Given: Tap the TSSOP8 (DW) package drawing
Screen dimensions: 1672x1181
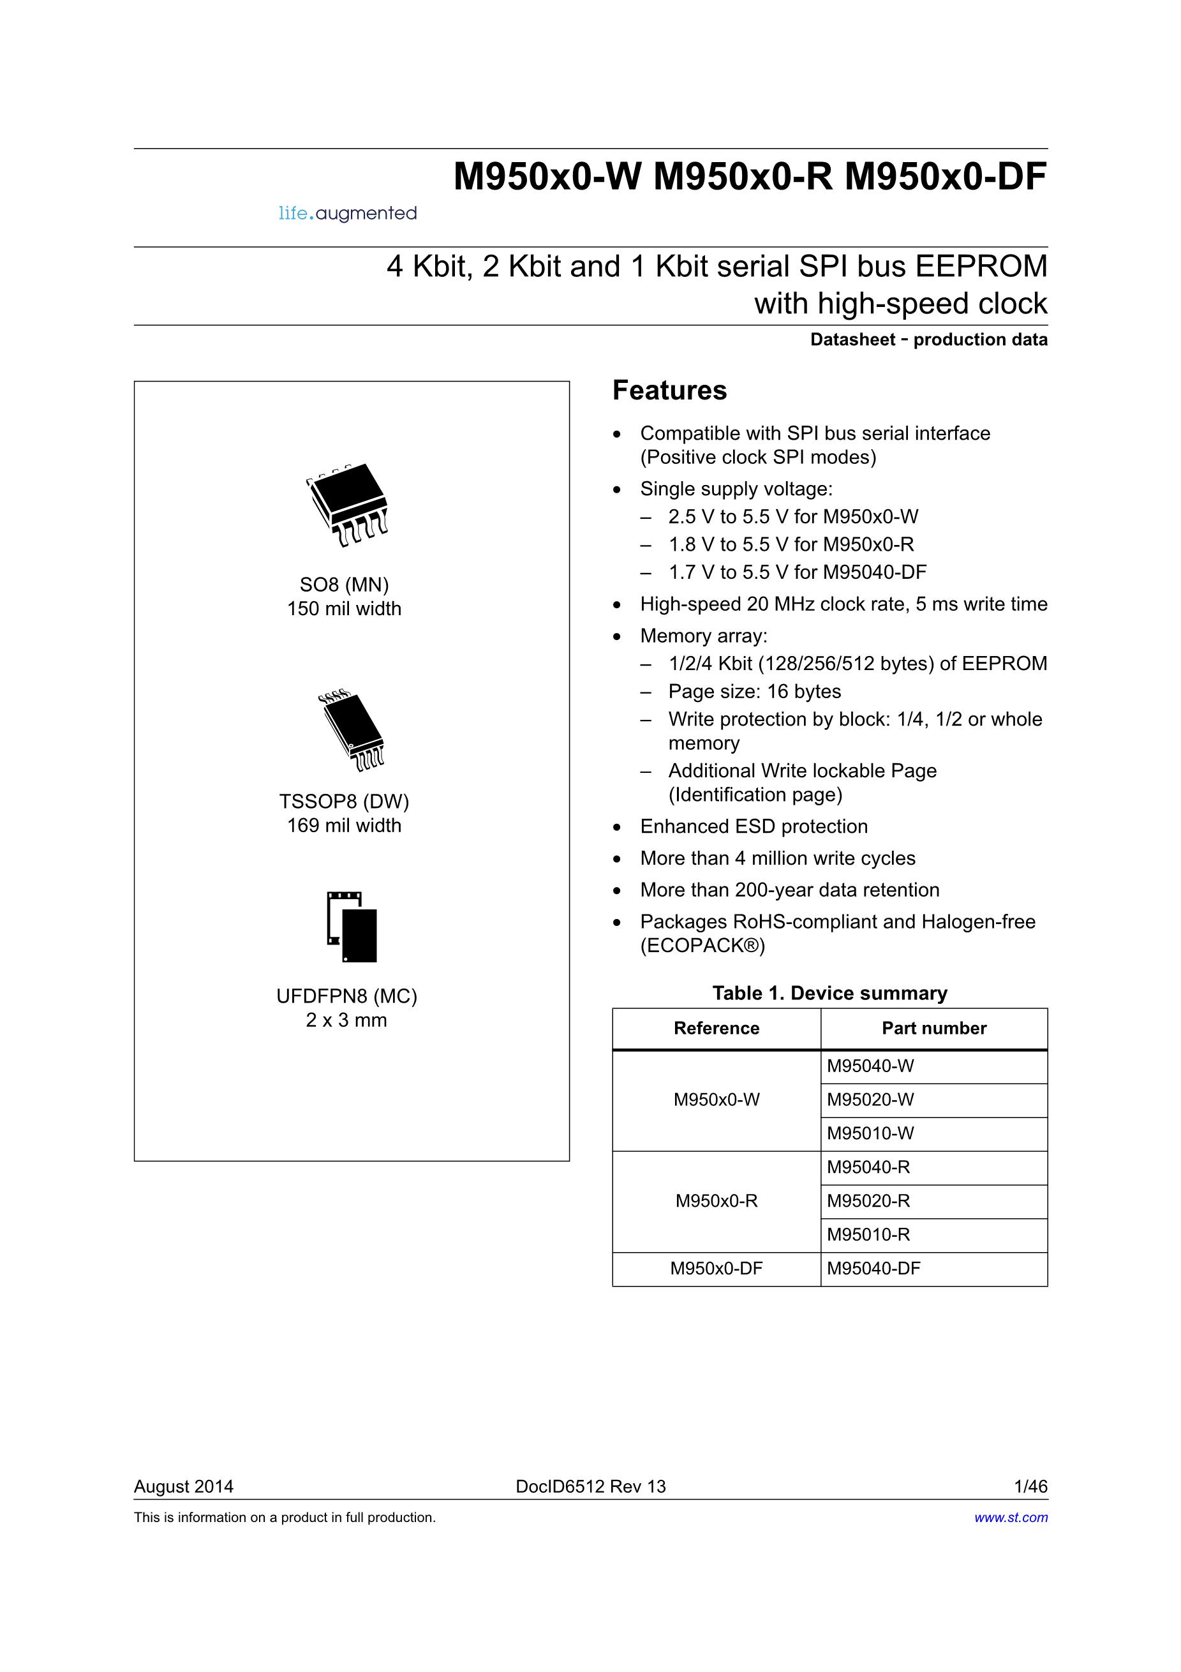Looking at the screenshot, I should coord(352,731).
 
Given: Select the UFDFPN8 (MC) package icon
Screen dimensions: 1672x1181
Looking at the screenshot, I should coord(353,927).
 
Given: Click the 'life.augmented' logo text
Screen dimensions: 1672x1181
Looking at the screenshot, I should coord(348,213).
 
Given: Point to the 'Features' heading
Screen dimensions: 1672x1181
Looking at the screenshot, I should coord(669,391).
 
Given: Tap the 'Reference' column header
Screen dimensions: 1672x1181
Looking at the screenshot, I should coord(717,1028).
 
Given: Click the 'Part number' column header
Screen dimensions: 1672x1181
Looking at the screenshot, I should coord(933,1028).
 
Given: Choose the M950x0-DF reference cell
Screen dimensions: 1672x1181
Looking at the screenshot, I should coord(717,1269).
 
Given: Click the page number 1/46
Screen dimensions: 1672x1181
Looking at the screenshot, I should coord(1030,1486).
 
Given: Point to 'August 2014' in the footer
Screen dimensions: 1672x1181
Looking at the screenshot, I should coord(184,1486).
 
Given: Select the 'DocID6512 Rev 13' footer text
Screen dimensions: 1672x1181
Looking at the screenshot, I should coord(591,1486).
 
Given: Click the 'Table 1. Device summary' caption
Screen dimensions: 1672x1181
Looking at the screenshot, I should coord(829,993).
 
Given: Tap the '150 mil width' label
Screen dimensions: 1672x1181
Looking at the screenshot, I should coord(345,609).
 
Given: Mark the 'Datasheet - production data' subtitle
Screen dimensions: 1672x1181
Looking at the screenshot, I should coord(928,340).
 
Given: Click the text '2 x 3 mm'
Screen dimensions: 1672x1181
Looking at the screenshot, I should coord(346,1020).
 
